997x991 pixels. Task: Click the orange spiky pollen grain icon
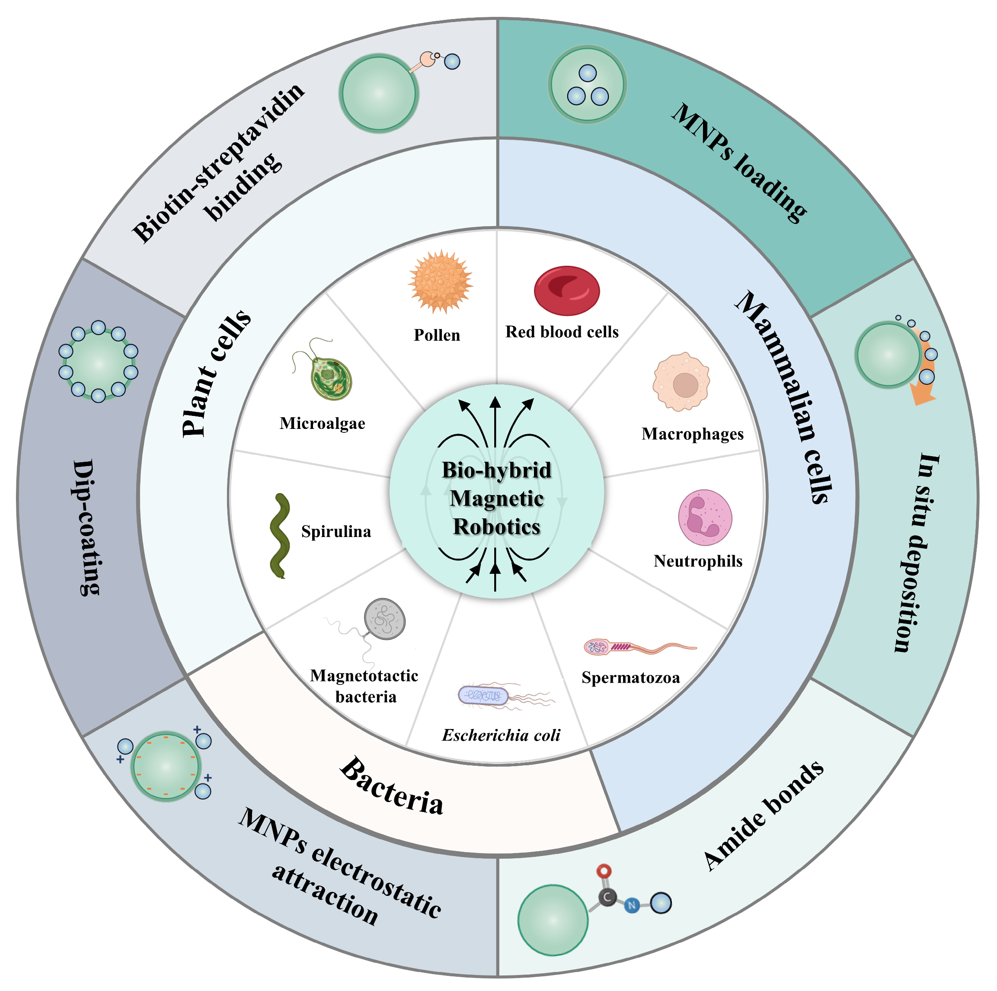440,282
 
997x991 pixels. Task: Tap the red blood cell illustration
567,291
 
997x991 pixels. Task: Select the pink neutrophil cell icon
705,517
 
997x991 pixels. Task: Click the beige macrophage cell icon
681,382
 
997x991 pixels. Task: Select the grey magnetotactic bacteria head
384,619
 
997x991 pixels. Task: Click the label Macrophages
693,434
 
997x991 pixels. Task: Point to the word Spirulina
336,532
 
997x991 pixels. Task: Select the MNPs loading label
739,163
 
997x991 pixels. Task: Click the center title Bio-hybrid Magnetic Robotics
496,499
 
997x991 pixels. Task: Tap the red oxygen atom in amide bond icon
604,871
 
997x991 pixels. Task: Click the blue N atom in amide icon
632,905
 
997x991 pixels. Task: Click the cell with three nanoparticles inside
587,84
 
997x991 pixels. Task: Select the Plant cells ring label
216,373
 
